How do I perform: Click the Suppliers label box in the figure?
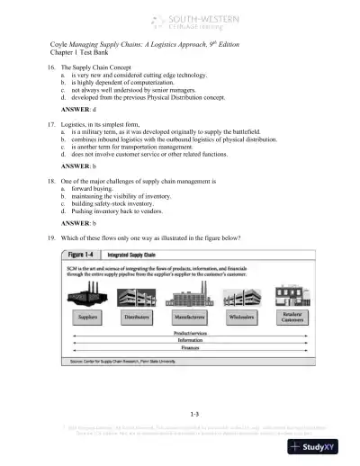tap(87, 318)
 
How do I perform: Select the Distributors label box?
tap(138, 318)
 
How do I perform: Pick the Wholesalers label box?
tap(239, 318)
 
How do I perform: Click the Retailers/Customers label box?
tap(291, 319)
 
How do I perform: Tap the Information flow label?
tap(189, 341)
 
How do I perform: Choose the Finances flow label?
tap(189, 348)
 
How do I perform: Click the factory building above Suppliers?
tap(88, 294)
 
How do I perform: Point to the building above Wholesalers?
tap(240, 295)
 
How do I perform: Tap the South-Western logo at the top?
tap(180, 19)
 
